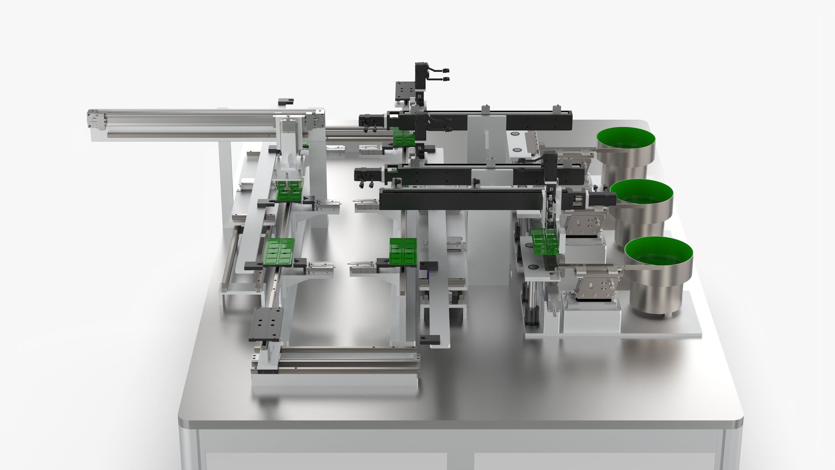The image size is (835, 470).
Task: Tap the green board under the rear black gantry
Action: pyautogui.click(x=404, y=137)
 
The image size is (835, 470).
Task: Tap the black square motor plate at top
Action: pyautogui.click(x=404, y=91)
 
